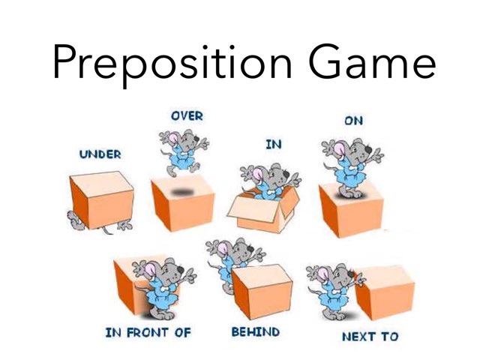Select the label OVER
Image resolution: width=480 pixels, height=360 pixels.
pyautogui.click(x=187, y=116)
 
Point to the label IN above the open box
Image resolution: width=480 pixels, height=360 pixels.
pyautogui.click(x=273, y=144)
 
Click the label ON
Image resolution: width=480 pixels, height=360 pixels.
pyautogui.click(x=353, y=120)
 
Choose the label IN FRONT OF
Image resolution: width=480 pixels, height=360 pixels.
pyautogui.click(x=148, y=331)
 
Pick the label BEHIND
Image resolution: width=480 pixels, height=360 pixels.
pyautogui.click(x=255, y=331)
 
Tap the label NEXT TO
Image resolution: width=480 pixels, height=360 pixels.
pyautogui.click(x=370, y=336)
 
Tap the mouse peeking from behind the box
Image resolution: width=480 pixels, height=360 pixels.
pyautogui.click(x=232, y=262)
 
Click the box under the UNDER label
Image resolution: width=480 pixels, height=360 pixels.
pyautogui.click(x=100, y=197)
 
